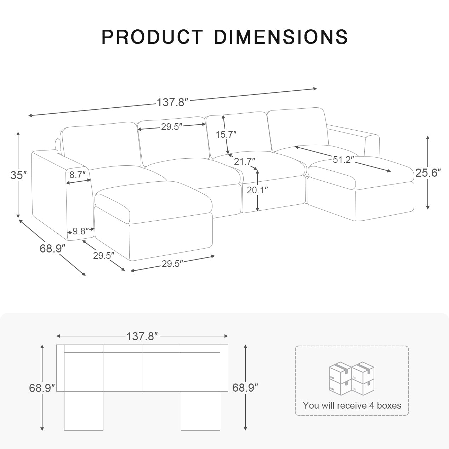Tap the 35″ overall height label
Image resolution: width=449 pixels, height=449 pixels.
18,175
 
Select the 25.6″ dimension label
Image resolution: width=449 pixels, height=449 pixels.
428,173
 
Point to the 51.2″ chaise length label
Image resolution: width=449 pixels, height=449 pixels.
343,160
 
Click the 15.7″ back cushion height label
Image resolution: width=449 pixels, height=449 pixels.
226,135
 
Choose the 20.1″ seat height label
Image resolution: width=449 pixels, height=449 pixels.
257,190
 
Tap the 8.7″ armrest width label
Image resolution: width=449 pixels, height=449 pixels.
78,175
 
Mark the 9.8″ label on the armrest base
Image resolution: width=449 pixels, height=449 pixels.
81,232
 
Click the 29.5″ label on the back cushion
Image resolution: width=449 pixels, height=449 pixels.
172,127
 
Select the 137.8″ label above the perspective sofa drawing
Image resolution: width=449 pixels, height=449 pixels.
172,103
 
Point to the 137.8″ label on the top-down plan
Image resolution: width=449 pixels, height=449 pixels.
142,336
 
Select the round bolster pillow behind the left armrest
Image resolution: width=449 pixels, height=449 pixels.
58,144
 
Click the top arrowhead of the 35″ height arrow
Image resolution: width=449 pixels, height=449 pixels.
18,133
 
